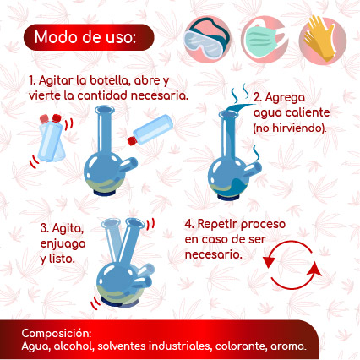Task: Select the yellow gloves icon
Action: click(x=322, y=39)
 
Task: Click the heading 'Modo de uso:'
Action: click(x=85, y=36)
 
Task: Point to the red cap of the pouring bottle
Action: click(x=132, y=140)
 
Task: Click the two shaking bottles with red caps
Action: click(x=52, y=138)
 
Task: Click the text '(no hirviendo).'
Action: click(x=290, y=128)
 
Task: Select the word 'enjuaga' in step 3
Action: click(x=63, y=244)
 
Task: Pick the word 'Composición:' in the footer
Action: click(x=57, y=334)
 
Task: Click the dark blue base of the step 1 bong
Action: click(x=104, y=193)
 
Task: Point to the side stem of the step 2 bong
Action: click(x=253, y=170)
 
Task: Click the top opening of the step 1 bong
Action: click(x=105, y=110)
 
